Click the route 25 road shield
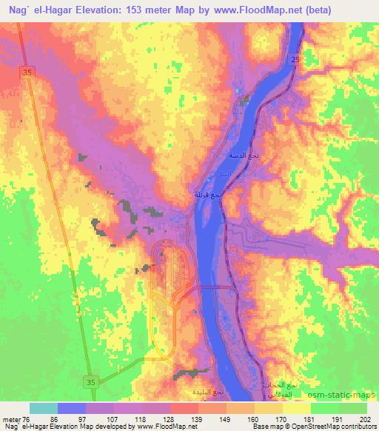(295, 59)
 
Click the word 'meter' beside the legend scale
(11, 418)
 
